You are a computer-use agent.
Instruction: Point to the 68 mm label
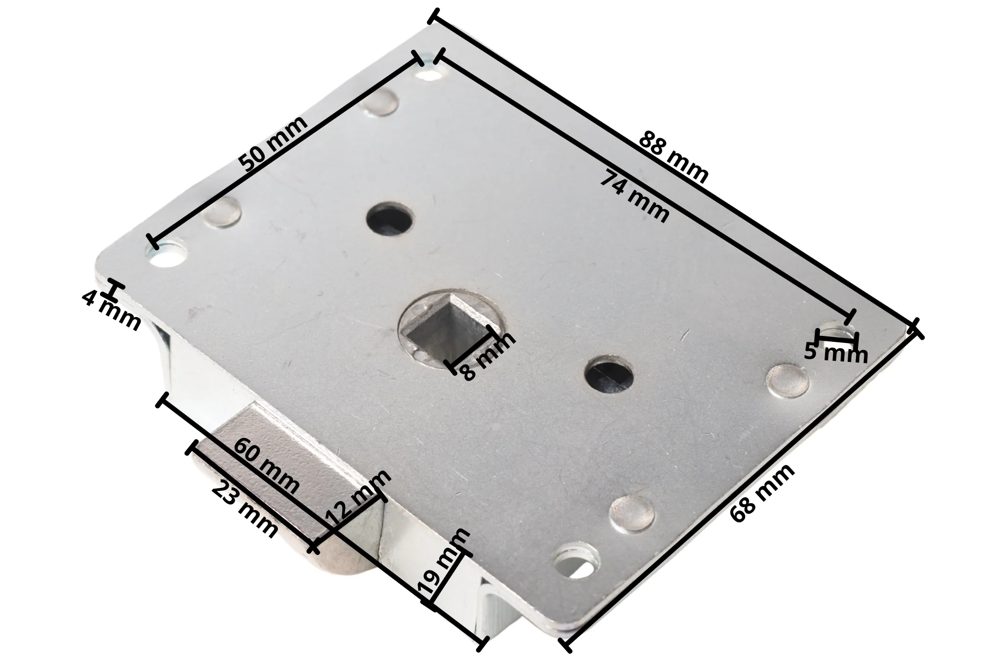762,493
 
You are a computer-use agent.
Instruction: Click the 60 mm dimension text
267,466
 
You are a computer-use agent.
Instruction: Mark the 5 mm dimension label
836,353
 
